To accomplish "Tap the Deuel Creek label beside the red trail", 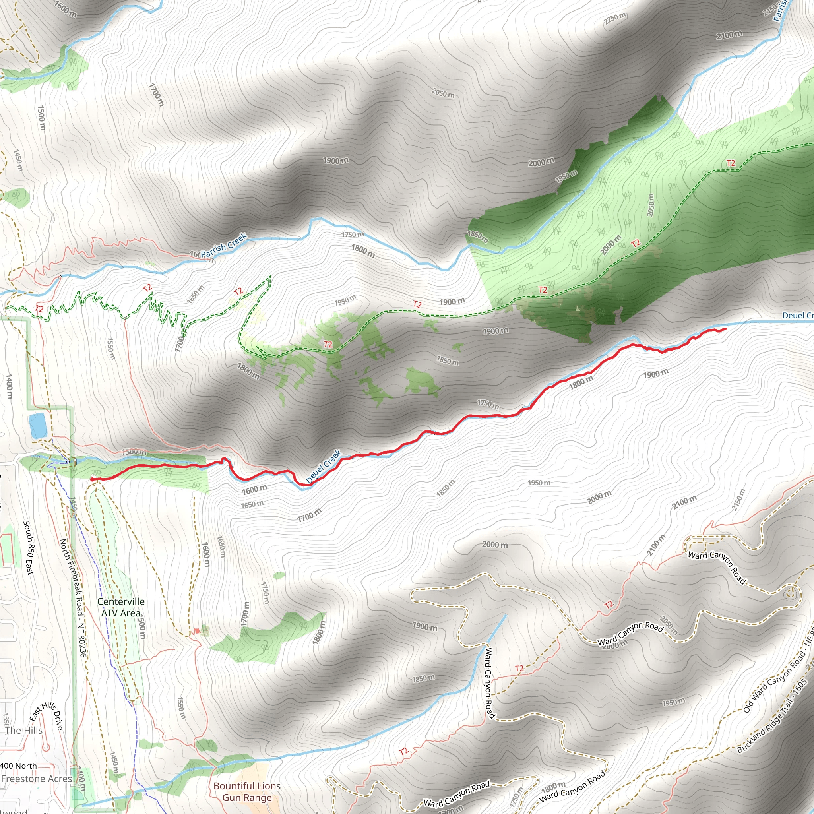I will point(323,466).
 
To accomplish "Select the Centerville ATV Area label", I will point(121,607).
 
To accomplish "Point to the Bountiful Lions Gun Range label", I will point(247,791).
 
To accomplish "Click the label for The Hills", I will point(23,730).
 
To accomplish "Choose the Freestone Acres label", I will point(36,779).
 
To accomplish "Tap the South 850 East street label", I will point(29,547).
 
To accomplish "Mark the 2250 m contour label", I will point(615,18).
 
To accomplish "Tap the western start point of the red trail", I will point(92,479).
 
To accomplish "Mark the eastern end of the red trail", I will point(725,329).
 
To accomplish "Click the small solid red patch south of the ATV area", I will point(196,631).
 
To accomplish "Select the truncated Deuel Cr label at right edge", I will point(797,316).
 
